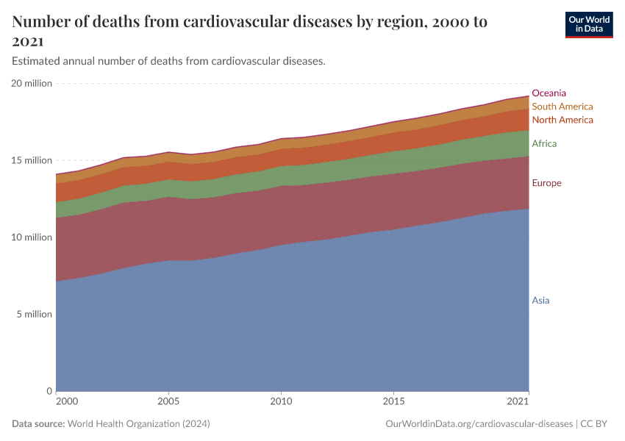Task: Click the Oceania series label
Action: (x=549, y=93)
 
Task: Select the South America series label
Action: (x=562, y=107)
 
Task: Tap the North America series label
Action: (x=562, y=120)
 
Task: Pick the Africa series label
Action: (x=544, y=143)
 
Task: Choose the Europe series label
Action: (x=546, y=183)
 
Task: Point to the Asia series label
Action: (x=540, y=301)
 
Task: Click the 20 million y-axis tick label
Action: (x=32, y=84)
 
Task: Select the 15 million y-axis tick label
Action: (x=32, y=160)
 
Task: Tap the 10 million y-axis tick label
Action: (x=32, y=237)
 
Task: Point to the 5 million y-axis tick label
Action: (x=34, y=315)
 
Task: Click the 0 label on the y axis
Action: (x=49, y=391)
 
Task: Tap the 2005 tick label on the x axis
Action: (x=168, y=403)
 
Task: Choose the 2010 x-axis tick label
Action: (x=280, y=403)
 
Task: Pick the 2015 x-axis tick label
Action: (x=393, y=403)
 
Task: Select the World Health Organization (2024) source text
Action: (x=139, y=424)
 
